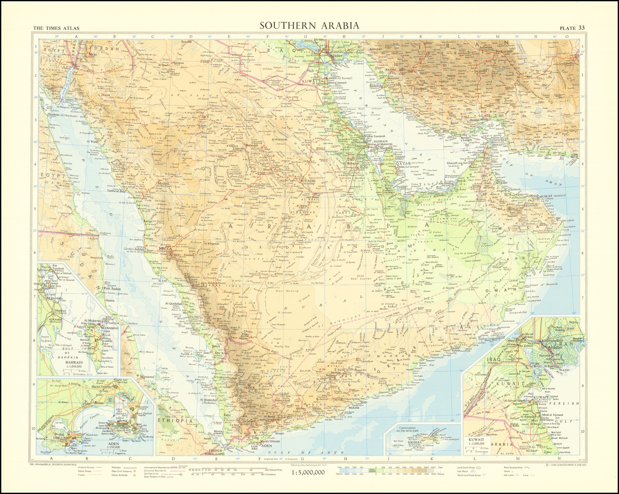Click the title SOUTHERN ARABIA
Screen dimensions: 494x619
click(x=309, y=26)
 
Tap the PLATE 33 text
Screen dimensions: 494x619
click(x=572, y=28)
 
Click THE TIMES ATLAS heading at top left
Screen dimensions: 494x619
click(x=56, y=28)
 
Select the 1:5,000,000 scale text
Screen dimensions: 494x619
click(x=308, y=472)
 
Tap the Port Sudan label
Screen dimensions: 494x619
click(x=112, y=289)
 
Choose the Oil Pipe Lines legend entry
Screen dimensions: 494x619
click(x=152, y=473)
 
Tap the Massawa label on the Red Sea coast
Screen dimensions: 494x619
click(x=147, y=377)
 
